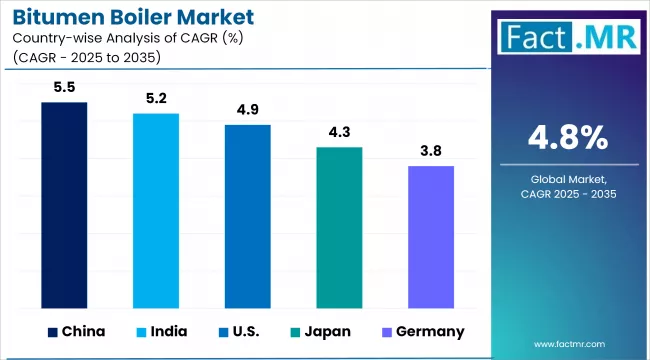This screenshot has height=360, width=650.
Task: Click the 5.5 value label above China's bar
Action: coord(64,88)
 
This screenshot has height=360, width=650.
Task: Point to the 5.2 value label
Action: coord(156,99)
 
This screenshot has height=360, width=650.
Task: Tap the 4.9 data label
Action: coord(247,110)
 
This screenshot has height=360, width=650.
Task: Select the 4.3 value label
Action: coord(339,132)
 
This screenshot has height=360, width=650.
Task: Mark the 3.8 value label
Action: coord(431,151)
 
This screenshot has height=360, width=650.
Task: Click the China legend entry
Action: coord(74,331)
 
